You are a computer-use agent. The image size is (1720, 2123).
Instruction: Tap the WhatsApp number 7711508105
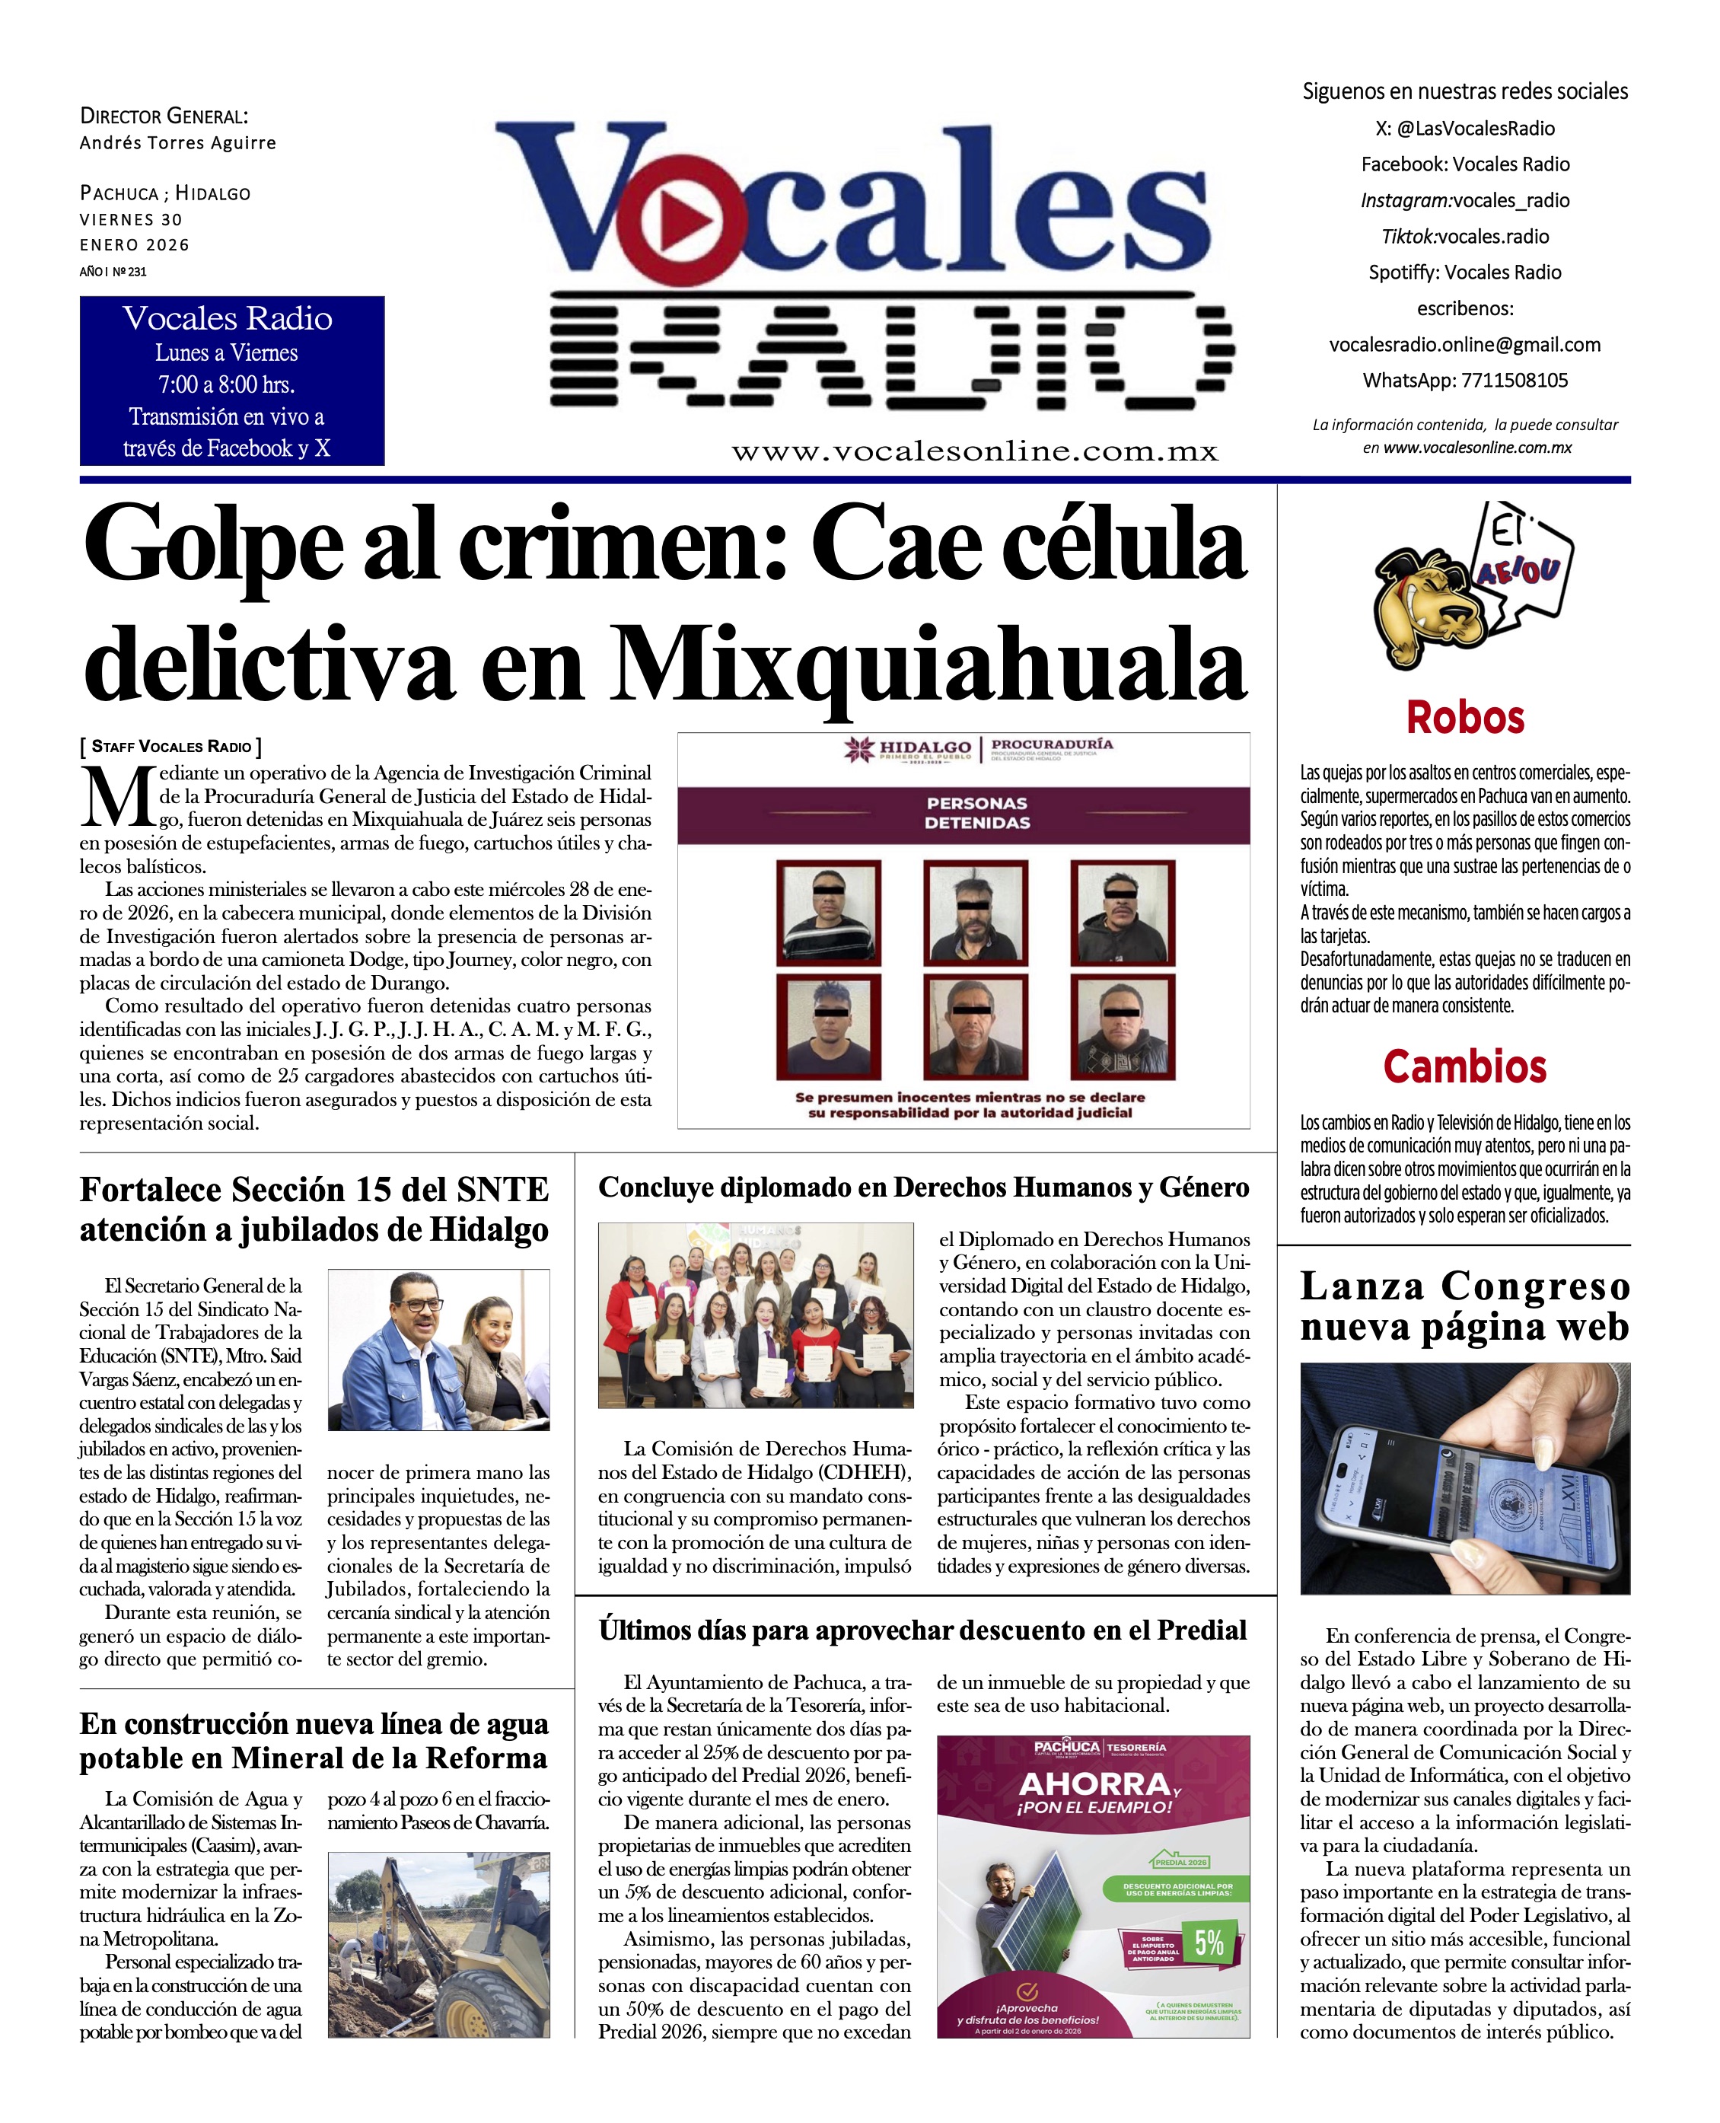[1514, 381]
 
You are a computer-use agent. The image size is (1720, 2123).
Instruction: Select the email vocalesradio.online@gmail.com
[1464, 345]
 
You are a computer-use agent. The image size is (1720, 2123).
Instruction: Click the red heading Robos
[1464, 718]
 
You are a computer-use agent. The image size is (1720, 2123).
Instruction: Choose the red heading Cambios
[1464, 1067]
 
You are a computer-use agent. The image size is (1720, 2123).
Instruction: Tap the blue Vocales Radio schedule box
[232, 381]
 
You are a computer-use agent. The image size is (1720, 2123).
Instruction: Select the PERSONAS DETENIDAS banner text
[977, 813]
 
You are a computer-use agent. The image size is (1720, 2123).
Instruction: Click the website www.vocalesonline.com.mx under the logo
[975, 452]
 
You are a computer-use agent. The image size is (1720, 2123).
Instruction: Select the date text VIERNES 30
[131, 220]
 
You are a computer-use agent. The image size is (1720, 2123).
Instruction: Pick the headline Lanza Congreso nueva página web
[1464, 1306]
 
